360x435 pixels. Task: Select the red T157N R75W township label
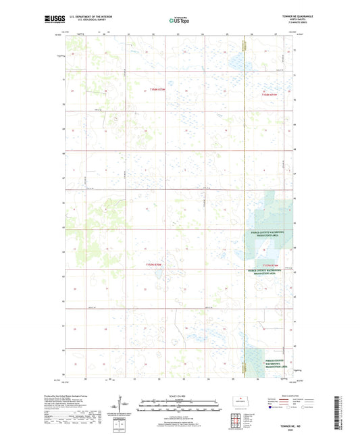coord(155,265)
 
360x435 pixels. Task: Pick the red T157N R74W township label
coord(271,265)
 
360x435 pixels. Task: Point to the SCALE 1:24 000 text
coord(180,396)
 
